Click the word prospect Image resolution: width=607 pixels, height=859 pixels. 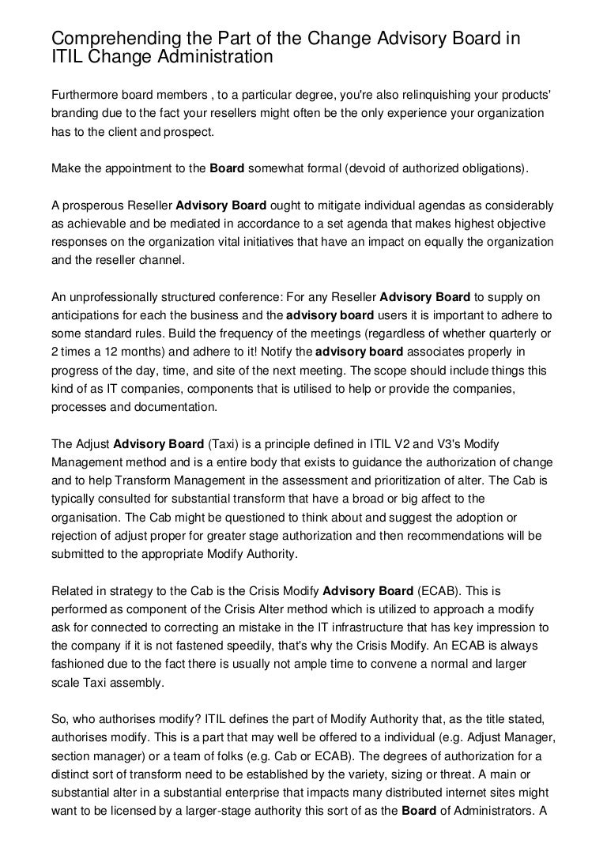point(189,132)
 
